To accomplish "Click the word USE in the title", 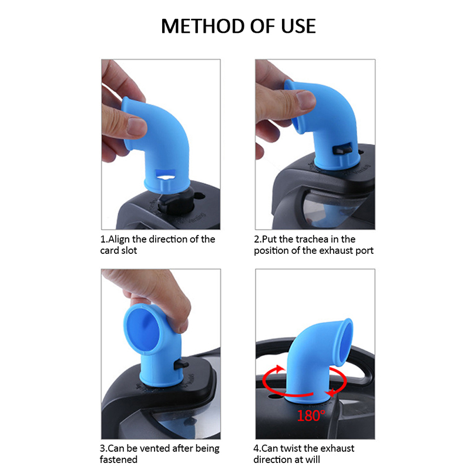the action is pos(298,26).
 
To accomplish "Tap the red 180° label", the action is pos(311,416).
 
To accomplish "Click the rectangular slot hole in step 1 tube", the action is pos(165,173).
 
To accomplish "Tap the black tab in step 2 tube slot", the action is pos(343,149).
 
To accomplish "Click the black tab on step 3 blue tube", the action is pos(181,365).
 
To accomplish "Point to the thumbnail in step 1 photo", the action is pos(136,126).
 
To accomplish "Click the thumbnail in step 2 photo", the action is pos(305,99).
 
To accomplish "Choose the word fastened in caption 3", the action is pos(119,459).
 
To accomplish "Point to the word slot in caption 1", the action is pos(129,251).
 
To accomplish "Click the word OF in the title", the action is pos(263,26).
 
